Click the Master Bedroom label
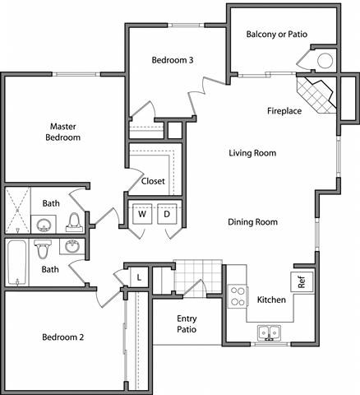click(63, 132)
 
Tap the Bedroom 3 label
click(173, 59)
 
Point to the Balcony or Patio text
click(278, 34)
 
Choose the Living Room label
click(252, 153)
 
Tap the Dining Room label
click(252, 221)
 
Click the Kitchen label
click(271, 300)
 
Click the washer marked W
click(142, 214)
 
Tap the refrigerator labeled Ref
click(301, 281)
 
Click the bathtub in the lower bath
click(16, 263)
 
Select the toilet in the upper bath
click(75, 221)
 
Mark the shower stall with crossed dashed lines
click(17, 211)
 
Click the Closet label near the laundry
click(153, 181)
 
